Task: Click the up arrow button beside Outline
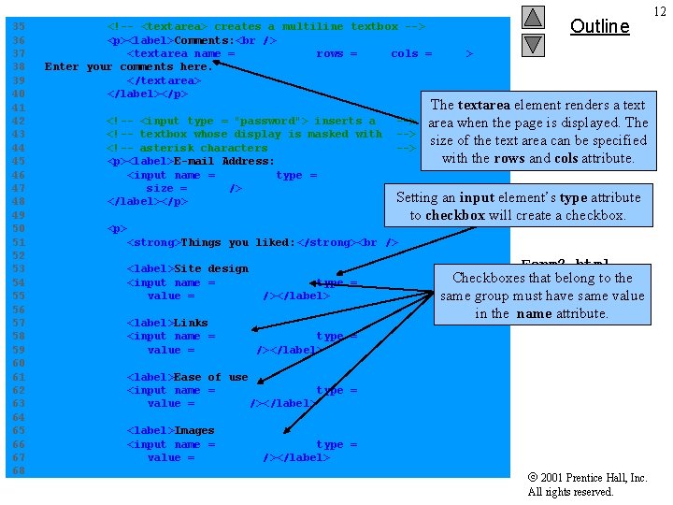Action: (x=532, y=17)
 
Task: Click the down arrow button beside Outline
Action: (x=532, y=44)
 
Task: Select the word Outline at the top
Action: (x=599, y=26)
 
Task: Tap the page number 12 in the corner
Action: (x=660, y=10)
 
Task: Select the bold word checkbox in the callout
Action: (x=454, y=215)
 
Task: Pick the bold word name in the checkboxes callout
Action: (x=534, y=313)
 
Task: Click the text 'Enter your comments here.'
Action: (x=128, y=67)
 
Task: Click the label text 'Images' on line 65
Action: (x=194, y=431)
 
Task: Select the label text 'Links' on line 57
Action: (x=191, y=323)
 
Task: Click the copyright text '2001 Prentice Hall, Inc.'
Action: (x=594, y=478)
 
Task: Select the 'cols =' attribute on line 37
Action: (x=411, y=54)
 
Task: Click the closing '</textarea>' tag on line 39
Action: (x=164, y=80)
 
